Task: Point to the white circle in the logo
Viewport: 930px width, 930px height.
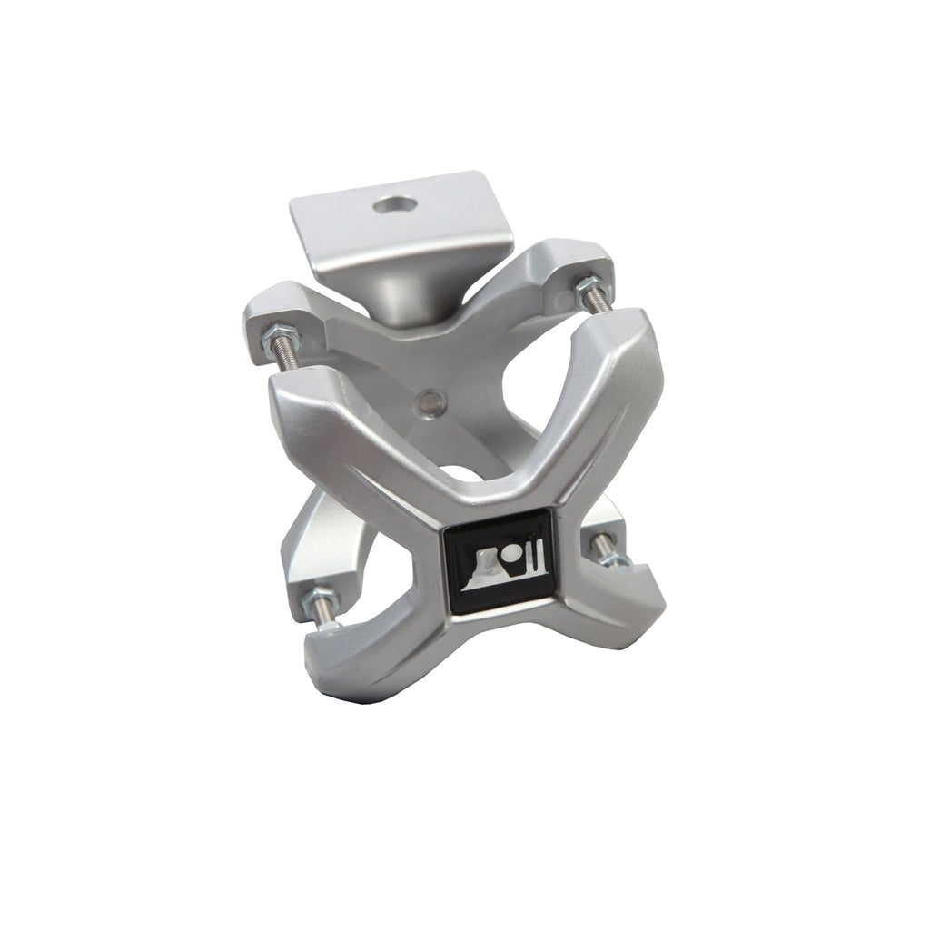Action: point(510,551)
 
